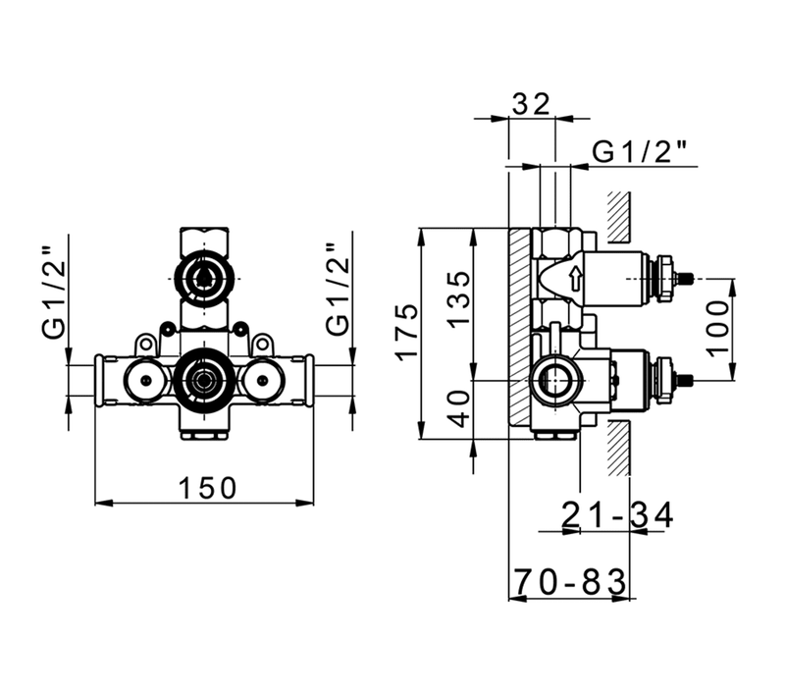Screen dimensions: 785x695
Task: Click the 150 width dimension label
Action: click(207, 488)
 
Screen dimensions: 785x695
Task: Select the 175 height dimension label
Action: click(406, 331)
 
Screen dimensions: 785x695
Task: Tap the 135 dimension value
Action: click(458, 299)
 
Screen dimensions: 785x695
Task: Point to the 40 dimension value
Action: click(458, 408)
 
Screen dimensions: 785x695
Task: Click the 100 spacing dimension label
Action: click(719, 326)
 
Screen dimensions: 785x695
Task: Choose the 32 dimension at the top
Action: click(531, 104)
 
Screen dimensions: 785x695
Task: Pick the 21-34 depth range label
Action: click(618, 514)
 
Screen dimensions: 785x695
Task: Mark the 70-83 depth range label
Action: click(570, 581)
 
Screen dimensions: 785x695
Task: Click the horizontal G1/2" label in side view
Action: click(640, 152)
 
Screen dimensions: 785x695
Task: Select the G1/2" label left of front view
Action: click(54, 292)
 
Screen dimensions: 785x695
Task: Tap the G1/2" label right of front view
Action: click(339, 291)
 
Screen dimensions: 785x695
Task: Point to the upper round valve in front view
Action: click(203, 276)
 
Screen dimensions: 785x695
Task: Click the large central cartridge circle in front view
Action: click(203, 380)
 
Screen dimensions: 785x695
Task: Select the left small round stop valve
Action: click(145, 381)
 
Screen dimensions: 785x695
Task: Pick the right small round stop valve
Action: click(261, 381)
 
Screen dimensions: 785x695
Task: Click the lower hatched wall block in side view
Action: click(619, 448)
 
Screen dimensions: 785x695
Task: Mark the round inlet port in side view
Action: click(554, 381)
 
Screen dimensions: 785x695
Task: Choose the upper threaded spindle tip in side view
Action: click(684, 278)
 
